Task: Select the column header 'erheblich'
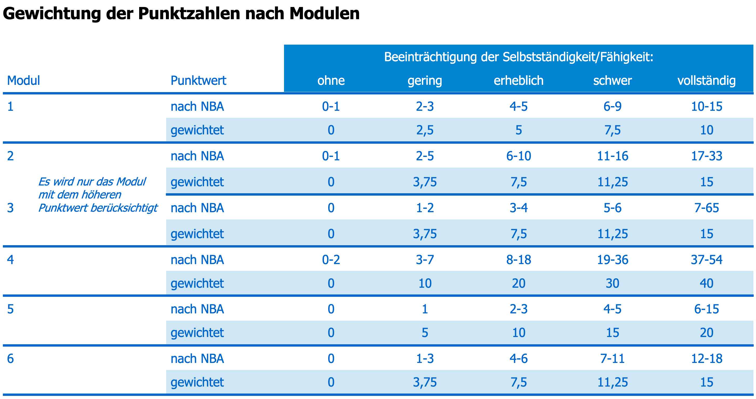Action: [518, 81]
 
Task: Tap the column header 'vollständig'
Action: [706, 81]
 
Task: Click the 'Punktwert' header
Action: [198, 81]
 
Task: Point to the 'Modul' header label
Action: [23, 81]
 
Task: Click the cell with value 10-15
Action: [706, 106]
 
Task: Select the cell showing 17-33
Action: [706, 156]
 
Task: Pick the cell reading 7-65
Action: [706, 208]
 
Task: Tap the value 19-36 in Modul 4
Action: [612, 260]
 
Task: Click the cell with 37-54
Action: [706, 260]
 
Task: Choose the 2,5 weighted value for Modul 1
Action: [425, 130]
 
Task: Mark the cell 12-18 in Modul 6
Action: [706, 359]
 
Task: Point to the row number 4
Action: [10, 260]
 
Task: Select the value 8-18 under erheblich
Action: [518, 260]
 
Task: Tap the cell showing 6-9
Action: [612, 106]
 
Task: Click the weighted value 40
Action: [706, 284]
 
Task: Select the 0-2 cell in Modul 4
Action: [331, 260]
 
